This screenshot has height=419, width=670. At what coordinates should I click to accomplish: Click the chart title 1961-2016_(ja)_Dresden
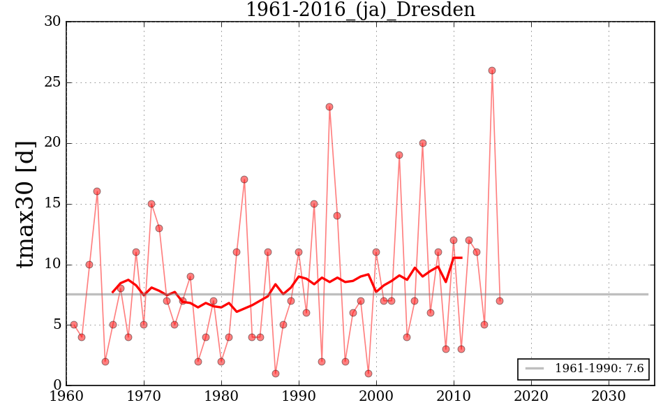pyautogui.click(x=360, y=10)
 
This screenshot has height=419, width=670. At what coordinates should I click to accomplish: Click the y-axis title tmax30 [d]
pyautogui.click(x=26, y=203)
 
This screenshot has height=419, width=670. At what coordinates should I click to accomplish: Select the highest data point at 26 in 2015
pyautogui.click(x=492, y=71)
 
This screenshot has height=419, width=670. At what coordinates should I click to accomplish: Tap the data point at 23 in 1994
pyautogui.click(x=329, y=107)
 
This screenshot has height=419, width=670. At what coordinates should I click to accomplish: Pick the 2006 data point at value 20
pyautogui.click(x=422, y=143)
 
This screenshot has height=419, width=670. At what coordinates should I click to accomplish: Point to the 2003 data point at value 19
pyautogui.click(x=399, y=155)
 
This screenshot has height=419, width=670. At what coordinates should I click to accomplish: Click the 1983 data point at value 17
pyautogui.click(x=244, y=179)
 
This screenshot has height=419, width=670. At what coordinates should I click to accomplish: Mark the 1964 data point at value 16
pyautogui.click(x=97, y=191)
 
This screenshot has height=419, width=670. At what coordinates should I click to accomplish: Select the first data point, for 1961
pyautogui.click(x=74, y=325)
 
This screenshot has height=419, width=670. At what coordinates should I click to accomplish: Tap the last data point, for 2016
pyautogui.click(x=500, y=301)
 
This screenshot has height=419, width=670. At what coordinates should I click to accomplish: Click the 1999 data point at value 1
pyautogui.click(x=368, y=374)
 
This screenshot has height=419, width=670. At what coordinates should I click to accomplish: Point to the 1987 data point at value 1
pyautogui.click(x=276, y=374)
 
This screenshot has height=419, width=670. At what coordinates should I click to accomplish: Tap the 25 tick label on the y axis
pyautogui.click(x=52, y=82)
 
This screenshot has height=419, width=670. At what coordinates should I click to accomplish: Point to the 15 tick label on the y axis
pyautogui.click(x=52, y=204)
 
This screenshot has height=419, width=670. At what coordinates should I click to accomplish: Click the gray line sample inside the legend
pyautogui.click(x=535, y=369)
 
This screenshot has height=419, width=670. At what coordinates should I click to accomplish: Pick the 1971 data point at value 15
pyautogui.click(x=151, y=204)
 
